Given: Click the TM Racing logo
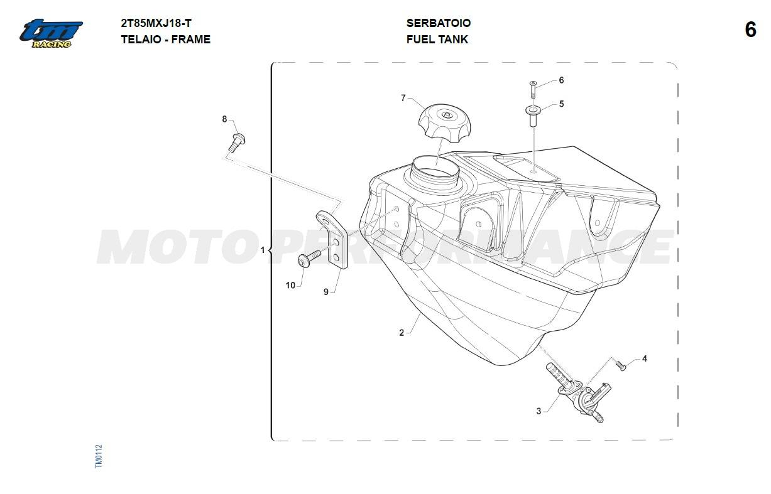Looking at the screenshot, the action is coord(51,33).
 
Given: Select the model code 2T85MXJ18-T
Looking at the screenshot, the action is coord(156,23).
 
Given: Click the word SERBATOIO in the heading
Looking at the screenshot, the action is coord(438,23).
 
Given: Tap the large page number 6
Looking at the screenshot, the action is coord(750,30).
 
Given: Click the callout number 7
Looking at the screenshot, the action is coord(403,98).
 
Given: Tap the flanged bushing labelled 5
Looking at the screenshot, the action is coord(533,116).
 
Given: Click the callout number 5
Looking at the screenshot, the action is coord(561,104).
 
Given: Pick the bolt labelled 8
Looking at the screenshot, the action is coord(237,142).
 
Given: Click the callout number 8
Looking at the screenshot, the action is coord(224,119).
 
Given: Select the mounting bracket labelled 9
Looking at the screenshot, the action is coord(332,239).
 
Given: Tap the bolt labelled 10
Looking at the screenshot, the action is coord(309,259).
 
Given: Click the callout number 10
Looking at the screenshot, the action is coord(290,285).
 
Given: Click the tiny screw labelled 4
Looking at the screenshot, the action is coord(621,366).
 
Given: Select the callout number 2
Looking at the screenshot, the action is coord(402,333).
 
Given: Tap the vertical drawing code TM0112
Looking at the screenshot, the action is coord(99,456).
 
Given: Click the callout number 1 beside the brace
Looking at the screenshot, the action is coord(263,250).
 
